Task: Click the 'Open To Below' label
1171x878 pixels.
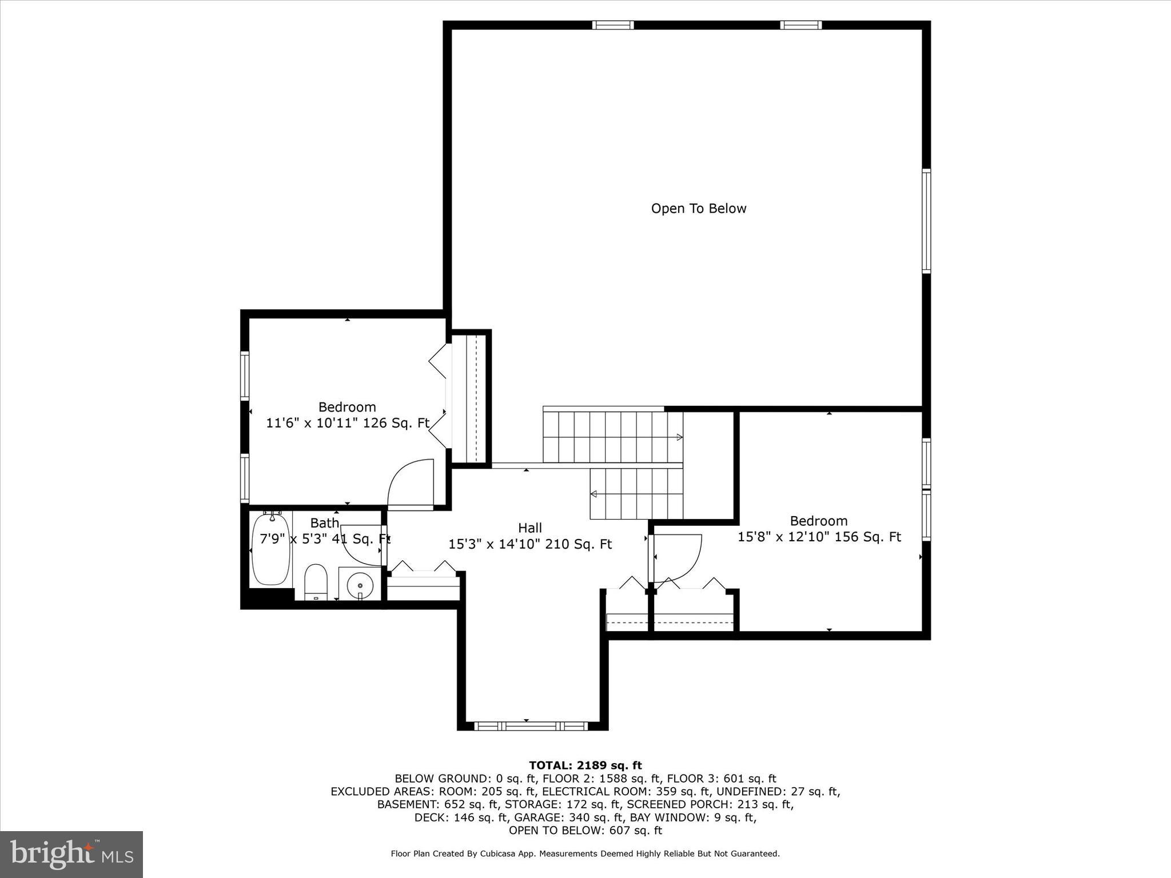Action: point(699,209)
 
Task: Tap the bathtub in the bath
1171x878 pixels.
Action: point(271,548)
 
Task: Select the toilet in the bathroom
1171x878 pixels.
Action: point(315,582)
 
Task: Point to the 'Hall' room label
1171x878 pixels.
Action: point(530,528)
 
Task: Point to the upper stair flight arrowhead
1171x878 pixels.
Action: point(680,437)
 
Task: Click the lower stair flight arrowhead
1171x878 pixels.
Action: point(594,494)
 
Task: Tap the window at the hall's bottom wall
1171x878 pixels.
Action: point(531,726)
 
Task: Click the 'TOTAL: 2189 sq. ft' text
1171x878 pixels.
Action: point(585,765)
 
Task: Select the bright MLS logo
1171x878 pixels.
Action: point(71,854)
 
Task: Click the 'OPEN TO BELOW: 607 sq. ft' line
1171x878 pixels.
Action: point(585,831)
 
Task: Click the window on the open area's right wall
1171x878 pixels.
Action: point(926,221)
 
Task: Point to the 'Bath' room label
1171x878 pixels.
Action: point(325,523)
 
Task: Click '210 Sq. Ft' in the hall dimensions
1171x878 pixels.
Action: point(579,544)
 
